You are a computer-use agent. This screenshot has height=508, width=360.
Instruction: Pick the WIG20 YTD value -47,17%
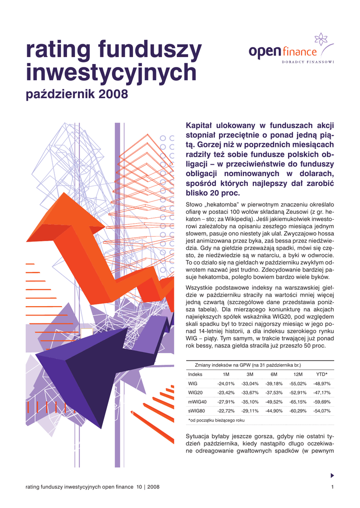point(322,392)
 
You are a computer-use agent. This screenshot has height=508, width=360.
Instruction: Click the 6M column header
point(274,374)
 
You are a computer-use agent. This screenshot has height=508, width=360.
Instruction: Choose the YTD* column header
point(322,374)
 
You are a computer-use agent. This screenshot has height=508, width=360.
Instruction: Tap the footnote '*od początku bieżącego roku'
point(216,420)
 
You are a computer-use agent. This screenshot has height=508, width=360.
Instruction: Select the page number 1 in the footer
point(332,488)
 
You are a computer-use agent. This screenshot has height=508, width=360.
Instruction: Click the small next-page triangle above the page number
point(332,475)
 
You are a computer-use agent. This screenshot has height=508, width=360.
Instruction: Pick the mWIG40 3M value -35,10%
point(250,401)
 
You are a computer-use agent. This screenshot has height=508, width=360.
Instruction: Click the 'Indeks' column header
point(195,374)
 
